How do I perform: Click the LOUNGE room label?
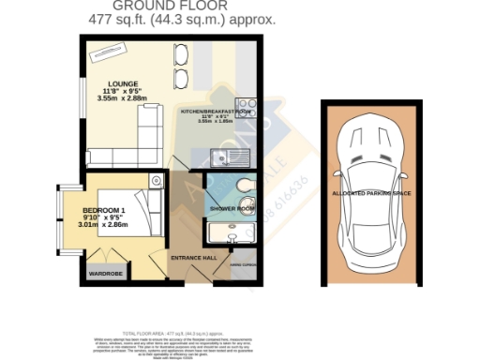pyautogui.click(x=122, y=82)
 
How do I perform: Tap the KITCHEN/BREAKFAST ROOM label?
pyautogui.click(x=216, y=111)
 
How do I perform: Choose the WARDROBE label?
pyautogui.click(x=106, y=273)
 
